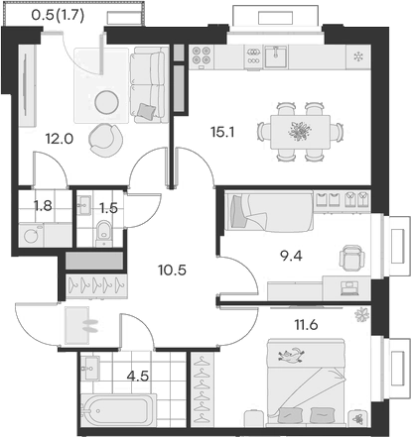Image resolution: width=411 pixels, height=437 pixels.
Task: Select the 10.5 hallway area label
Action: pos(173,267)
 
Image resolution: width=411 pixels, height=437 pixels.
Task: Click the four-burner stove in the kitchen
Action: pos(205,55)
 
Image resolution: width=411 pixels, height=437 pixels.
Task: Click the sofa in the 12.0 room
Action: pos(151,84)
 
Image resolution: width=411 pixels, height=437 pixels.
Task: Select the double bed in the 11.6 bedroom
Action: pos(305,382)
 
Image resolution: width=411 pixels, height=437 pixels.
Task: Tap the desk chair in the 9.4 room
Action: pos(350,258)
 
